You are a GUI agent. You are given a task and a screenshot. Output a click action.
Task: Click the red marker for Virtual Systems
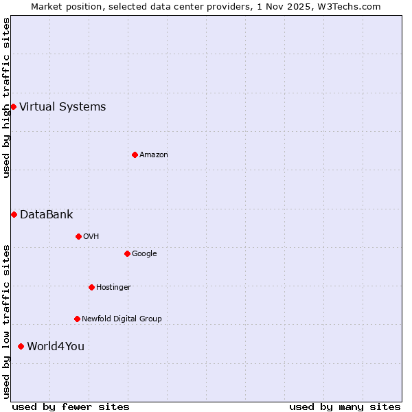(13, 106)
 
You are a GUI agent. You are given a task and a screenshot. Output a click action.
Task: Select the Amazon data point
(135, 154)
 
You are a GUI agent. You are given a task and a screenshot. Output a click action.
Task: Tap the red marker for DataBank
(14, 214)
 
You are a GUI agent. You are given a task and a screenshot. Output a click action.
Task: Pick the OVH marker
(78, 236)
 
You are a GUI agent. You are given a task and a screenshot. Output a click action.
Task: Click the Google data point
(127, 253)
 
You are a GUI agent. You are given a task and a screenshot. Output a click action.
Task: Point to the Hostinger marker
(91, 287)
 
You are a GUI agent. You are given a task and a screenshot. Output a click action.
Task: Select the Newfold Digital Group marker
(77, 319)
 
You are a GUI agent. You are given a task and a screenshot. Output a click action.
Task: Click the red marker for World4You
(21, 346)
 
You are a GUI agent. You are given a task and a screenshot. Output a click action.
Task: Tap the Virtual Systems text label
(62, 106)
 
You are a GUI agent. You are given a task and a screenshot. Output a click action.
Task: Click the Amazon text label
(154, 154)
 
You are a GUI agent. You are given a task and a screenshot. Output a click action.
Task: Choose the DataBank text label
(46, 214)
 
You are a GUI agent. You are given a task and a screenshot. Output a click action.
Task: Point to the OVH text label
(91, 236)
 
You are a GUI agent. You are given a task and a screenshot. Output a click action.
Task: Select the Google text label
(144, 253)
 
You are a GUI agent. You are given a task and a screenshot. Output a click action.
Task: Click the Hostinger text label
(113, 287)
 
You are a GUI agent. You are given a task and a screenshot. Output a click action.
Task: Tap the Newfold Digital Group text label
(122, 319)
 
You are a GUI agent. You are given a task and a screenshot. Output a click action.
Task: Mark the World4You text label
(56, 346)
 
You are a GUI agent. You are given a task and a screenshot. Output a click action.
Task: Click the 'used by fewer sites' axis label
(71, 407)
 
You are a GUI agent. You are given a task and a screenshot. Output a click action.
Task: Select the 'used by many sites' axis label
(345, 407)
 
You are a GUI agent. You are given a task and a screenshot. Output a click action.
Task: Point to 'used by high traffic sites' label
(6, 98)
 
